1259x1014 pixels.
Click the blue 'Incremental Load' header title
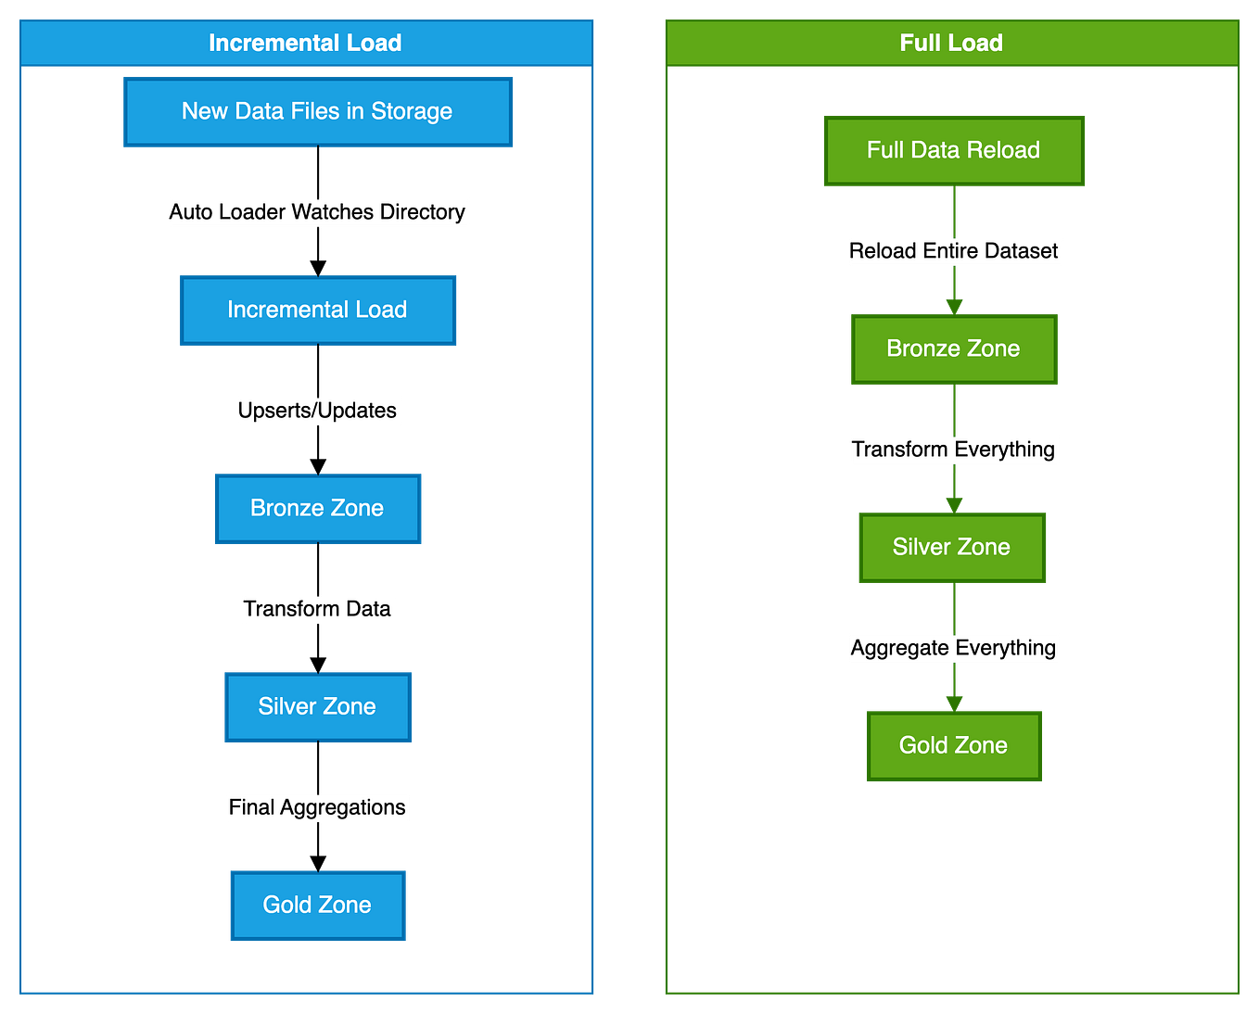click(x=305, y=43)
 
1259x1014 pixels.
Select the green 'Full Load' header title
click(x=951, y=43)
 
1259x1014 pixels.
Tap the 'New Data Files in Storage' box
click(x=317, y=112)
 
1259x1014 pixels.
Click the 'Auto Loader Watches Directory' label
click(x=317, y=212)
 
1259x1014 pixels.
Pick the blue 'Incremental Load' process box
click(x=317, y=311)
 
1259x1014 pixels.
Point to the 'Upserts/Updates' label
click(x=318, y=411)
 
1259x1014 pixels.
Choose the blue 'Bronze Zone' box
click(x=317, y=509)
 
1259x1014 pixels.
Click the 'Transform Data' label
click(x=317, y=609)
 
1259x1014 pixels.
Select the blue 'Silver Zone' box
click(x=317, y=707)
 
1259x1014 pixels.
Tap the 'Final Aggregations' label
click(x=317, y=807)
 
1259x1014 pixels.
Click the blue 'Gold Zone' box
click(x=317, y=906)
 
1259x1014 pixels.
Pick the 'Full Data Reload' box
click(x=953, y=151)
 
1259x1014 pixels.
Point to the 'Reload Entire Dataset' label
click(x=954, y=251)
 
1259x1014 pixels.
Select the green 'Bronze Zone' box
click(x=953, y=349)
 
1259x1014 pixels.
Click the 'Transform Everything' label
click(x=953, y=450)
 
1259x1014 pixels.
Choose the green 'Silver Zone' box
click(x=952, y=548)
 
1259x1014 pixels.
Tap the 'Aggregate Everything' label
click(x=953, y=648)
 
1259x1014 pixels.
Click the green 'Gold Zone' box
click(x=953, y=746)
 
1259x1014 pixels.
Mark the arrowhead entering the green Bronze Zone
click(x=954, y=305)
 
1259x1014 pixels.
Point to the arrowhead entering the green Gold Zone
click(x=954, y=702)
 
